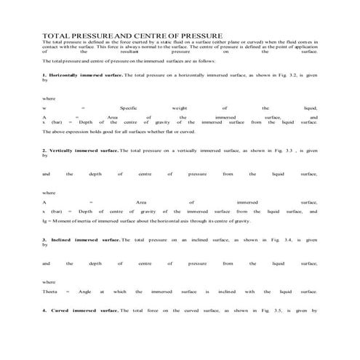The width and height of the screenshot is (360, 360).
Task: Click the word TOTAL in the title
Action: coord(55,34)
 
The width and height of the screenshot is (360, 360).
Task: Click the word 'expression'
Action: coord(80,132)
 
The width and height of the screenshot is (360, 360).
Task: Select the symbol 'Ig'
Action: coord(45,219)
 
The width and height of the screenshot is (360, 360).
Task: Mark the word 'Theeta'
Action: coord(51,291)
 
